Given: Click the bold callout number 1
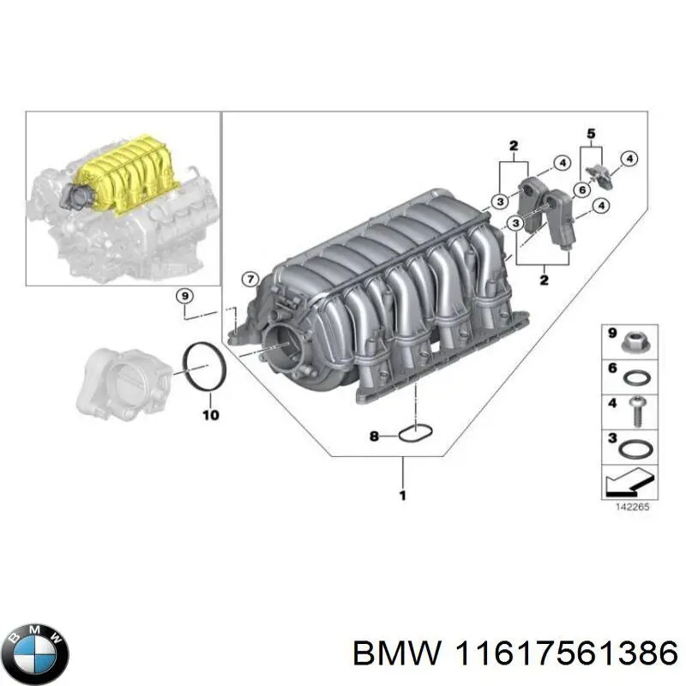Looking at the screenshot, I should coord(403,495).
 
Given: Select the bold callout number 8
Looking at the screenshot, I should coord(373,436).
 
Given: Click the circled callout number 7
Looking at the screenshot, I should coord(250,279).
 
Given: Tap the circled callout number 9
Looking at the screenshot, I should coord(184,297).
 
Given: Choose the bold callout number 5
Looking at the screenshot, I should coord(590,133).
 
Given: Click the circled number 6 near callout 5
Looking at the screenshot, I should coord(581,190).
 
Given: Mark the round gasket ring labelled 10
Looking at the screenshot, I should coord(205,367).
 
